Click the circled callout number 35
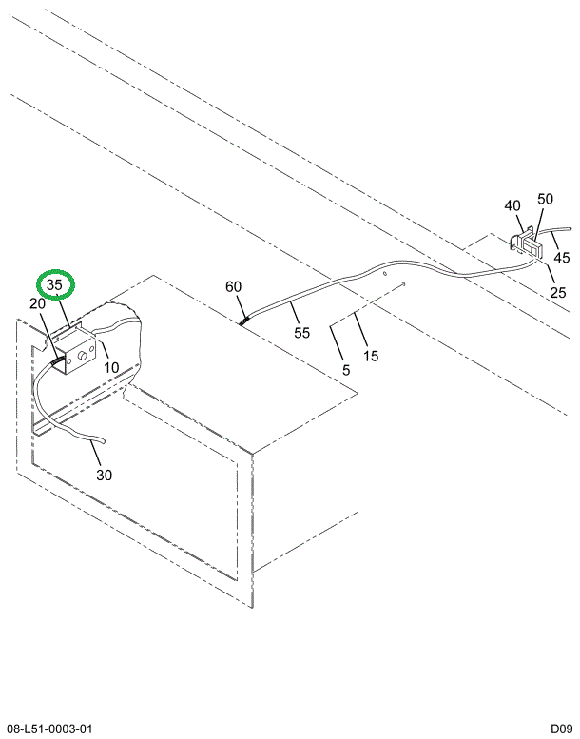click(x=54, y=285)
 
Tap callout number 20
click(x=37, y=303)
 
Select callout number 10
click(x=111, y=367)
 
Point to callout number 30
click(x=105, y=475)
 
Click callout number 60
click(x=233, y=286)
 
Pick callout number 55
click(x=302, y=333)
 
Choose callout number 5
click(x=346, y=370)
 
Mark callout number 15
click(x=371, y=356)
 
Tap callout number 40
click(x=512, y=206)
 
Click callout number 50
click(x=545, y=199)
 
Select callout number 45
click(x=562, y=258)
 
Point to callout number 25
click(x=558, y=293)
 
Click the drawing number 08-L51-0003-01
click(x=49, y=729)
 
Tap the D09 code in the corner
click(x=562, y=729)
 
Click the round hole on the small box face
click(x=82, y=358)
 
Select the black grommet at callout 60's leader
click(x=244, y=321)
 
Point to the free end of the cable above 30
click(x=105, y=441)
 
